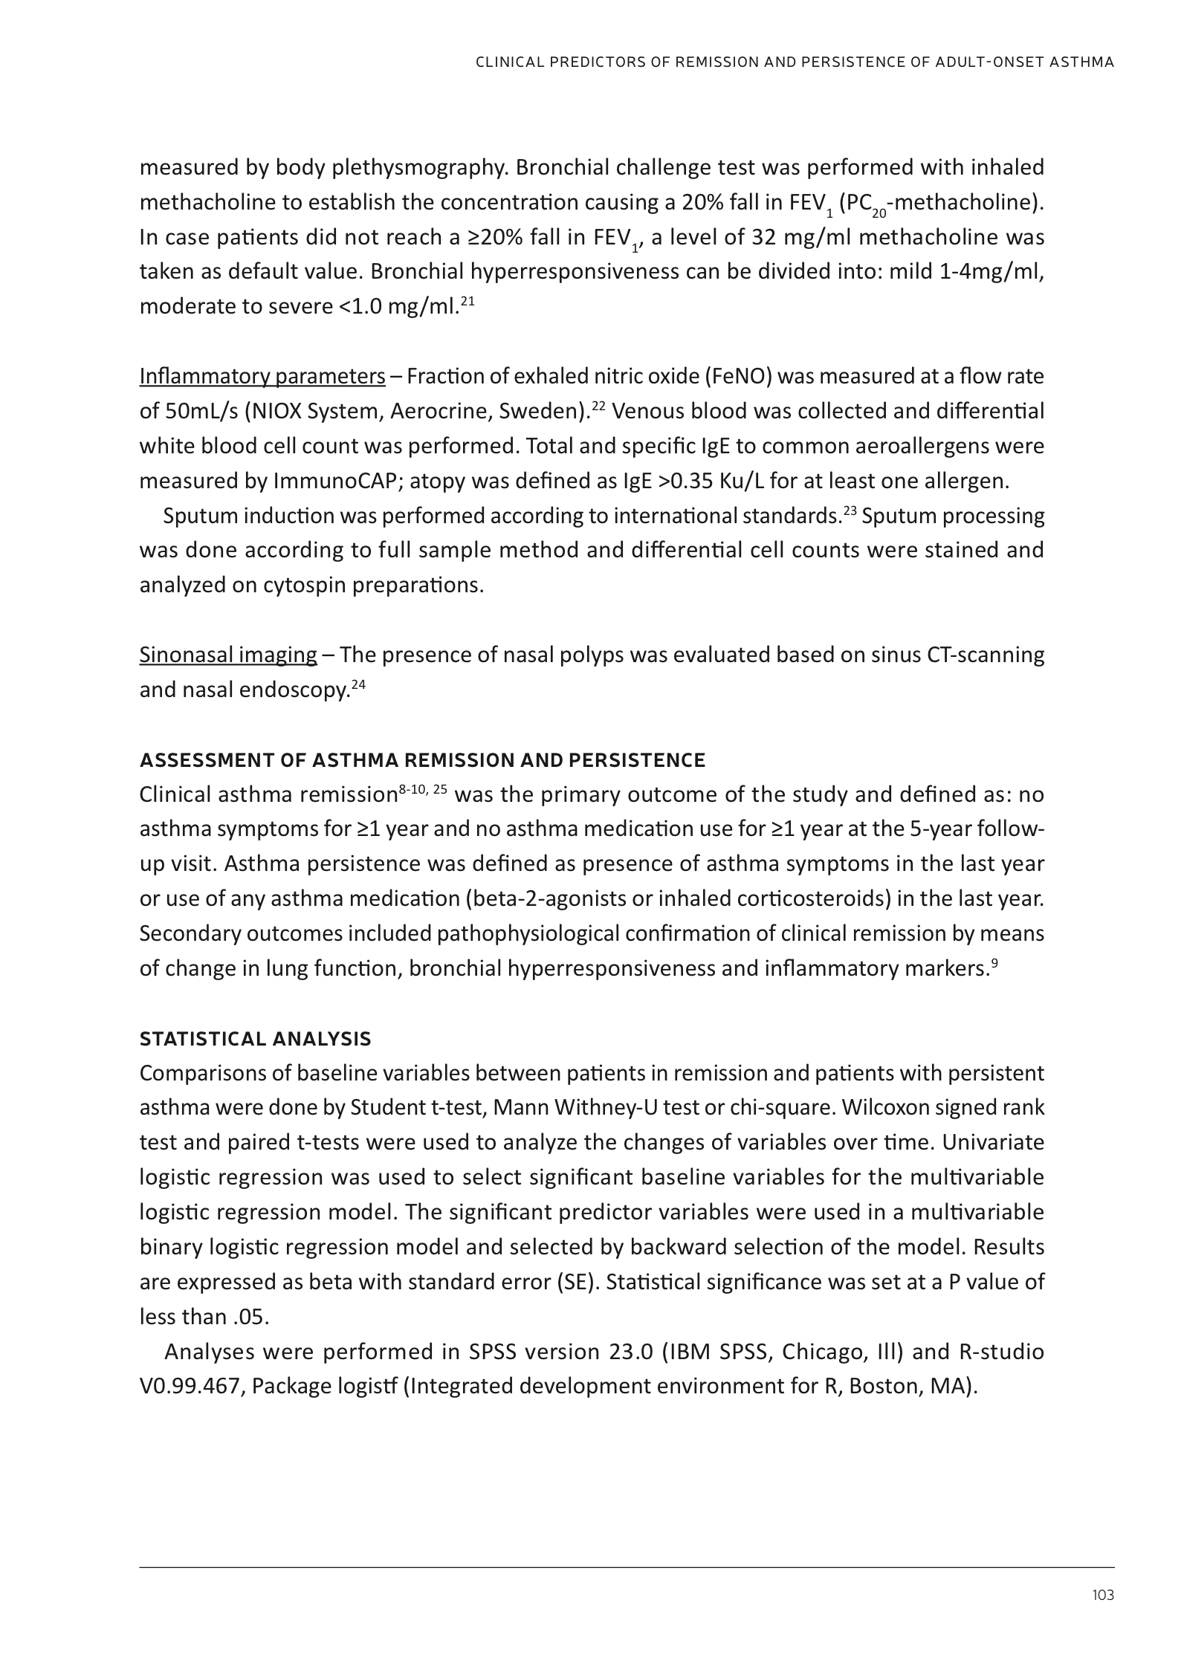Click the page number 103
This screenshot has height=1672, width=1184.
[1103, 1595]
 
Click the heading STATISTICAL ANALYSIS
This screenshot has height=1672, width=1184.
[255, 1038]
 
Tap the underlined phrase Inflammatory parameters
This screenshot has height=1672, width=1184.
[262, 377]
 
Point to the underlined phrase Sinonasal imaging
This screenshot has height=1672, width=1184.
[228, 655]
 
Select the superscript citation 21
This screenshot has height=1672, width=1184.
[468, 301]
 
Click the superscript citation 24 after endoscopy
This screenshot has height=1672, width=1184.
[358, 685]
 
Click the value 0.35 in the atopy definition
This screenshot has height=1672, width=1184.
[692, 482]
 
